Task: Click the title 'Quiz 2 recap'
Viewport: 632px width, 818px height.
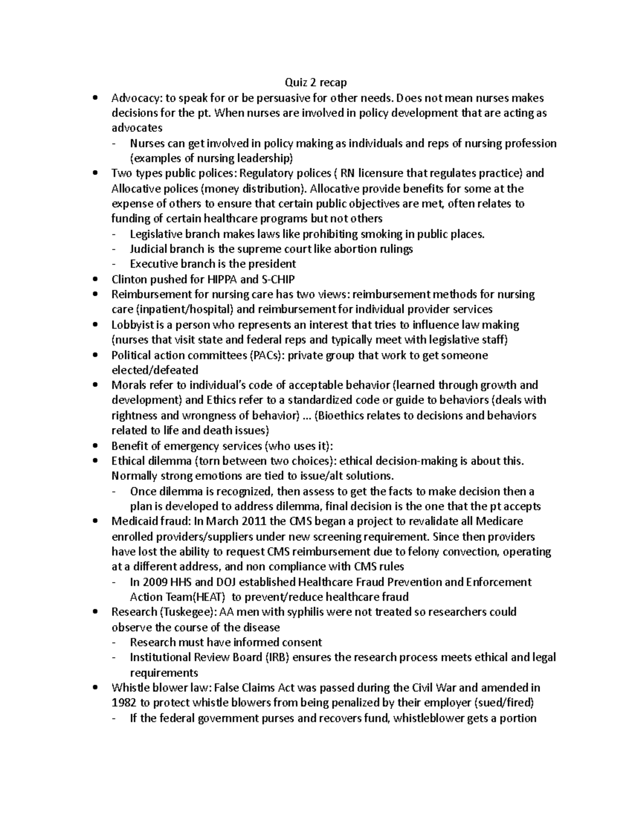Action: [316, 82]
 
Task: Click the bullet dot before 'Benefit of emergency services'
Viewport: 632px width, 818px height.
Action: [94, 446]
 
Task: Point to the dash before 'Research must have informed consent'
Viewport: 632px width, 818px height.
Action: [115, 643]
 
